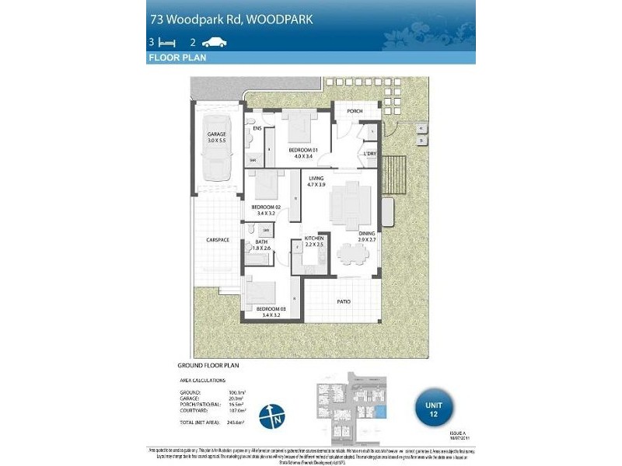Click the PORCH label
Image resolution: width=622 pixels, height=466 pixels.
355,111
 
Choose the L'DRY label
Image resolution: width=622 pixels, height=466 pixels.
371,154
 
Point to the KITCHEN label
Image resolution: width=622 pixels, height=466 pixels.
313,239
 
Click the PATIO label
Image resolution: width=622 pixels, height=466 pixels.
344,301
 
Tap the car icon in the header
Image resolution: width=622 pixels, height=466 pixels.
214,43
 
